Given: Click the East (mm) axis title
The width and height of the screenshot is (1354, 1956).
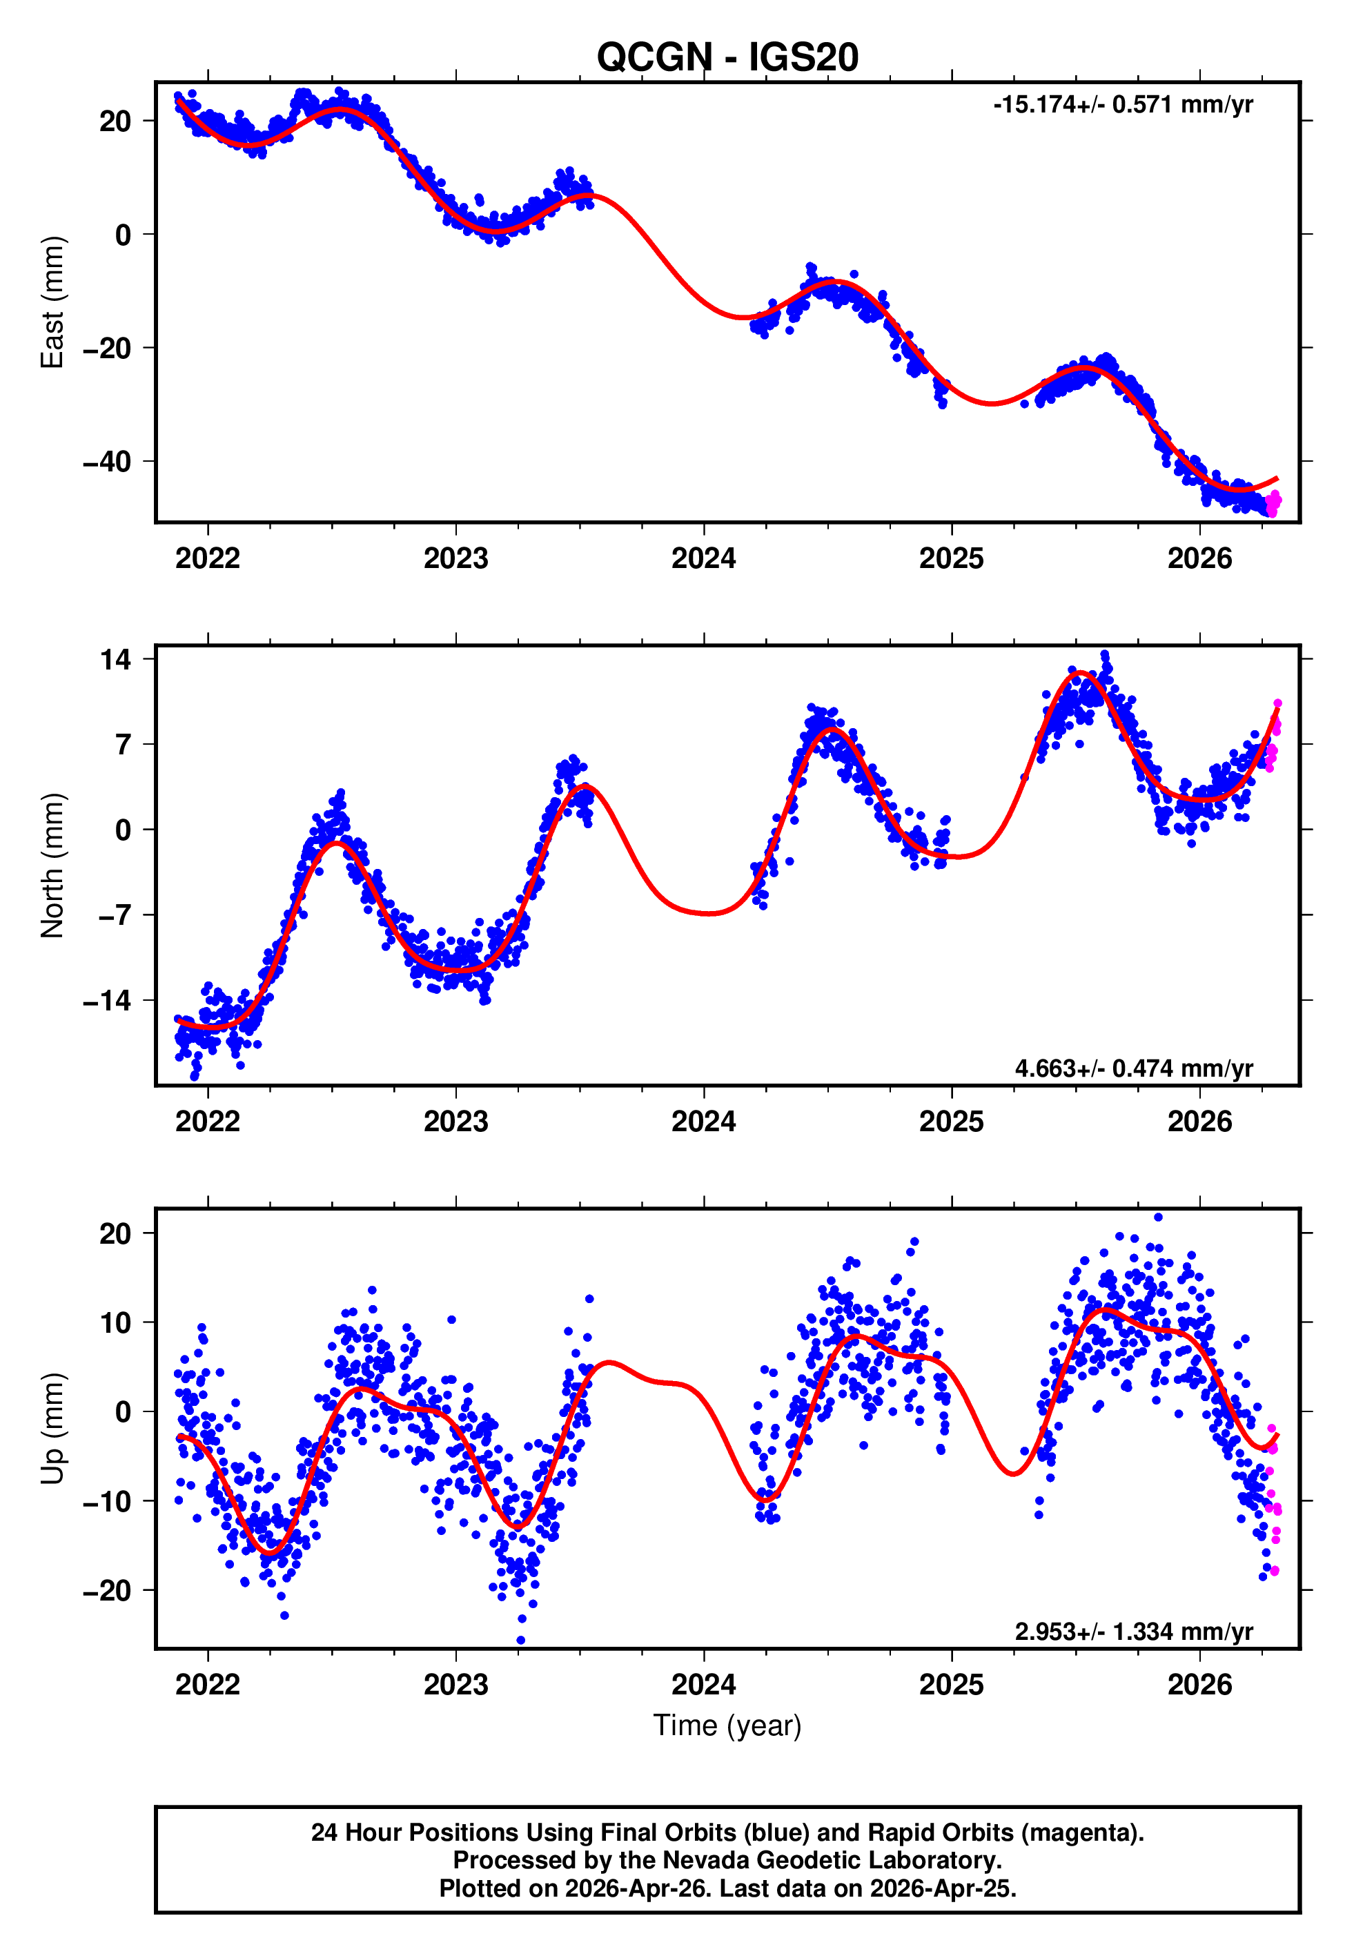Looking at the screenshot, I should pyautogui.click(x=52, y=302).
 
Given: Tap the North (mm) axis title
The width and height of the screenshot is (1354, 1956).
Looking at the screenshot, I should pyautogui.click(x=52, y=865).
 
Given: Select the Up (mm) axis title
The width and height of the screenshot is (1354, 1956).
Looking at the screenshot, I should pyautogui.click(x=52, y=1429).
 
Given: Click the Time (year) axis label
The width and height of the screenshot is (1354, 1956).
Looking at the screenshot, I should pyautogui.click(x=727, y=1725).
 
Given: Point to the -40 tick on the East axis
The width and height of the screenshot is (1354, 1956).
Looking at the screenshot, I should pyautogui.click(x=107, y=462).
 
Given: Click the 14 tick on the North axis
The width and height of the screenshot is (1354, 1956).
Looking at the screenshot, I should pyautogui.click(x=115, y=659).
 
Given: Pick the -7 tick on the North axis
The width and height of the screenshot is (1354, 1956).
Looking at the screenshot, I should pyautogui.click(x=107, y=915).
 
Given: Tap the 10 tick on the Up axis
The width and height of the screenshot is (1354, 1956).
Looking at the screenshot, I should pyautogui.click(x=115, y=1322).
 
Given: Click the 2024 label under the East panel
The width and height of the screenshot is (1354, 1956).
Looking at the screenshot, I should pyautogui.click(x=703, y=558).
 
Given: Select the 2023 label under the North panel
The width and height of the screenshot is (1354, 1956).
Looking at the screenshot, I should pyautogui.click(x=455, y=1122).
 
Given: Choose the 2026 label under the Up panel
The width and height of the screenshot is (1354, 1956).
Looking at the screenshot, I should pyautogui.click(x=1199, y=1685).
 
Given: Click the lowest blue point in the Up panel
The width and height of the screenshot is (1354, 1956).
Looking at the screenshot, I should pyautogui.click(x=521, y=1641).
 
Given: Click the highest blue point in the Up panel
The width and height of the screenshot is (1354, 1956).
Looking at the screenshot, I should pyautogui.click(x=1158, y=1217).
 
